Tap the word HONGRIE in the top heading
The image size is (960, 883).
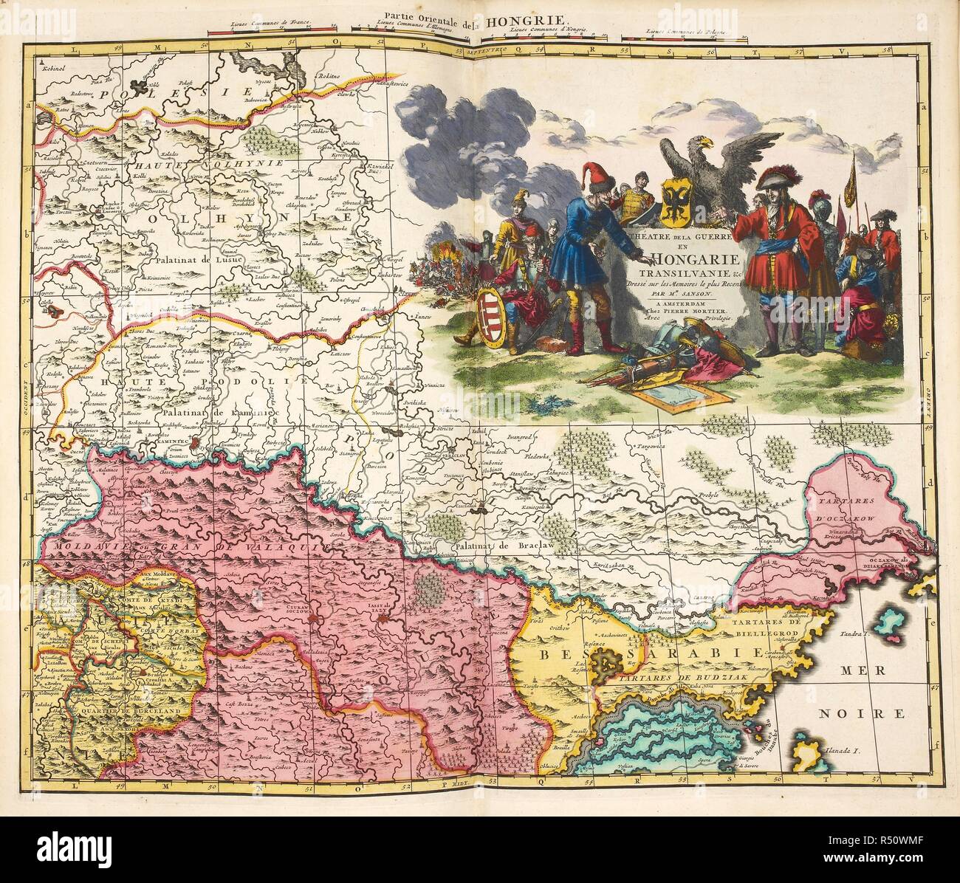click(526, 21)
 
